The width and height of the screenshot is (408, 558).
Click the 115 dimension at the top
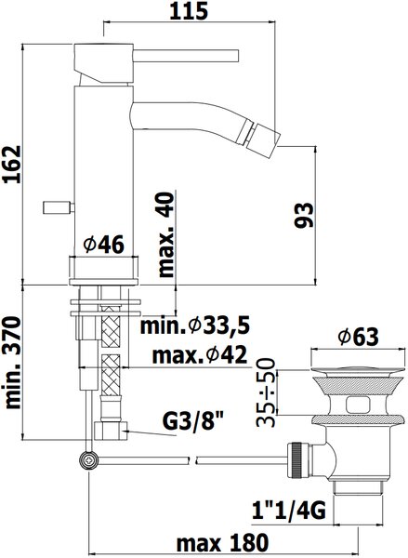(x=189, y=11)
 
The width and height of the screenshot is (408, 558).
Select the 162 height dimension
(x=12, y=164)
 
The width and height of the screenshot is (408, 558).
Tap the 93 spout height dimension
(x=304, y=215)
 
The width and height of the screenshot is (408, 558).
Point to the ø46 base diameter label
(x=103, y=245)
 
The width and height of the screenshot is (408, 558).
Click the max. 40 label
(x=166, y=235)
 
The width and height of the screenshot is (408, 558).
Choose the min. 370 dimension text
(x=14, y=363)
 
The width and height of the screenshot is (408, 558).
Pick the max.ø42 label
(x=200, y=354)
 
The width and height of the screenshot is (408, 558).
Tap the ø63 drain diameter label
(x=358, y=336)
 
